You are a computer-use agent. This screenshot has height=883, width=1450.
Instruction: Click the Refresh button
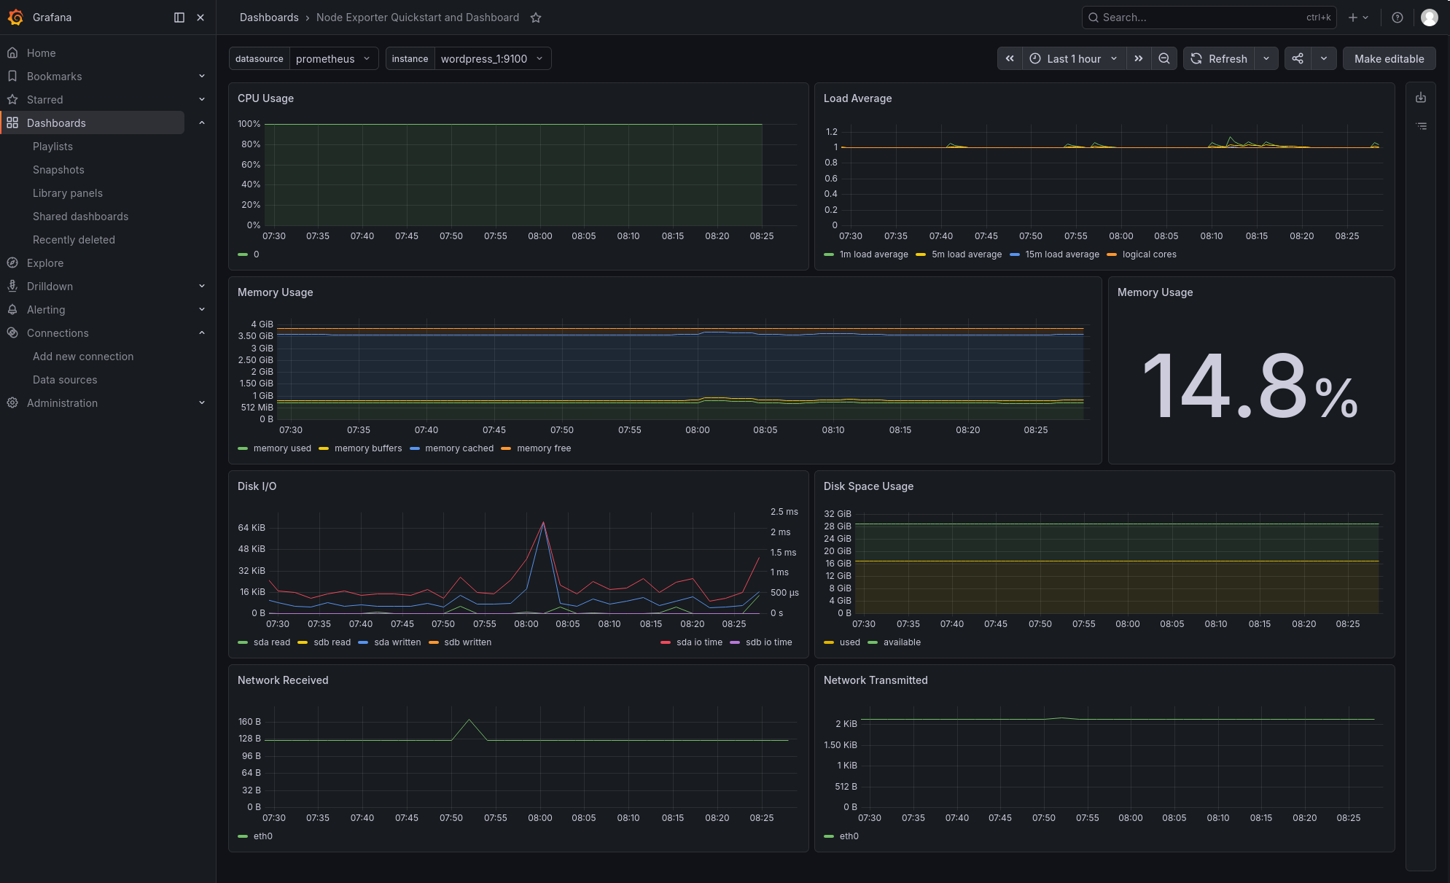pyautogui.click(x=1219, y=59)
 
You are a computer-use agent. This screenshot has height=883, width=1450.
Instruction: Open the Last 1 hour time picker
pyautogui.click(x=1074, y=59)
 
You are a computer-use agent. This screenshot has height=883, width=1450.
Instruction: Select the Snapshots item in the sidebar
pyautogui.click(x=58, y=170)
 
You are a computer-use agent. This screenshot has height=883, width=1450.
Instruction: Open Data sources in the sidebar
pyautogui.click(x=65, y=380)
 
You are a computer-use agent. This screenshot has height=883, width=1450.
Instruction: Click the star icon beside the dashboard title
pyautogui.click(x=536, y=17)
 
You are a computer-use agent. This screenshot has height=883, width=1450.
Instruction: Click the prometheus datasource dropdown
pyautogui.click(x=334, y=59)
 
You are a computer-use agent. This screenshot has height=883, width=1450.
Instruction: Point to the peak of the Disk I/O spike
pyautogui.click(x=543, y=522)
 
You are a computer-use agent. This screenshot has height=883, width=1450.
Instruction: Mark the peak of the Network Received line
pyautogui.click(x=469, y=720)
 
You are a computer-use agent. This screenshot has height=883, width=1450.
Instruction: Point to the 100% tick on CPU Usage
pyautogui.click(x=249, y=124)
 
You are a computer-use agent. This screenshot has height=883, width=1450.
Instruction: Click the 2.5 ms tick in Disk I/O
pyautogui.click(x=784, y=512)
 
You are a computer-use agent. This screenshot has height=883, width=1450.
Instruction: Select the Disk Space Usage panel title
pyautogui.click(x=868, y=486)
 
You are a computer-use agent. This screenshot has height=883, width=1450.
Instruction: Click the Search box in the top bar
pyautogui.click(x=1209, y=17)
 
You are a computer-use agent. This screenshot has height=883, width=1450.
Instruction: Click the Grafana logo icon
pyautogui.click(x=16, y=17)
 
